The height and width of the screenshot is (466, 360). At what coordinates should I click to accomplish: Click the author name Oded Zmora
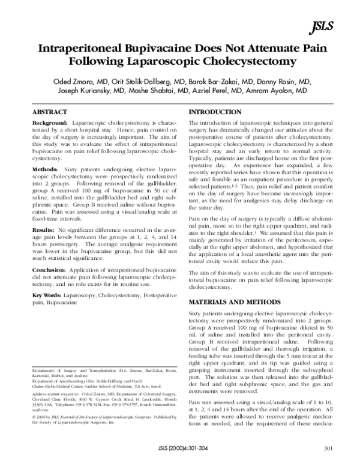click(x=73, y=80)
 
